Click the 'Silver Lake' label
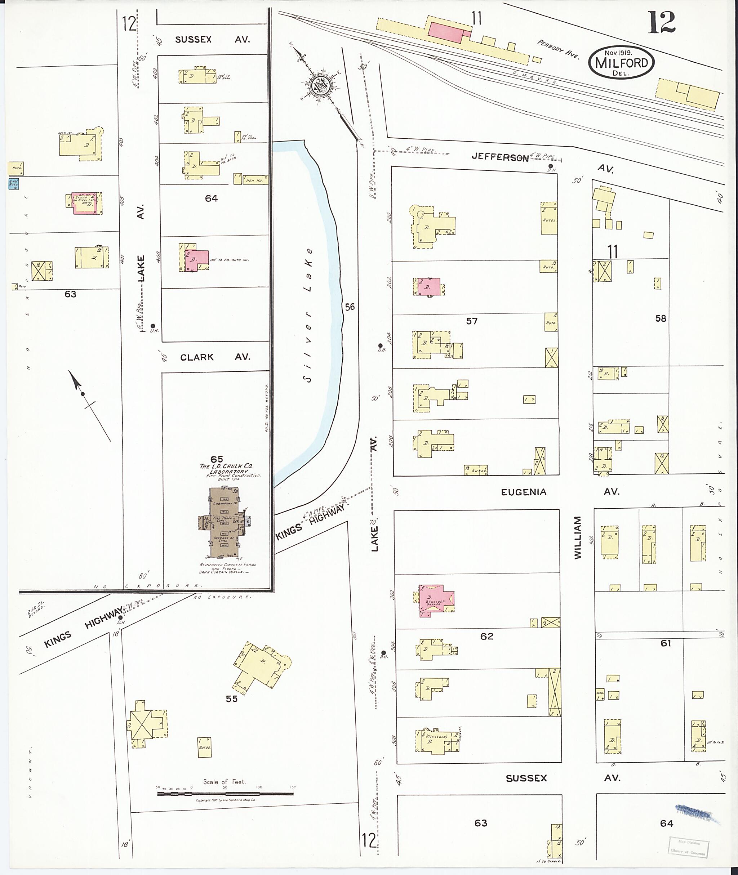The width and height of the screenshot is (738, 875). (x=309, y=316)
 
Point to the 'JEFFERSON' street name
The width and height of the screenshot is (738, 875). (x=499, y=157)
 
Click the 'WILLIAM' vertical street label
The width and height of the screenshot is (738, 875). (x=578, y=537)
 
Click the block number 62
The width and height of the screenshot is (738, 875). (x=486, y=636)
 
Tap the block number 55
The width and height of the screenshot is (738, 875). (x=231, y=698)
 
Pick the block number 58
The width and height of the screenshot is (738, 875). (x=661, y=319)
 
